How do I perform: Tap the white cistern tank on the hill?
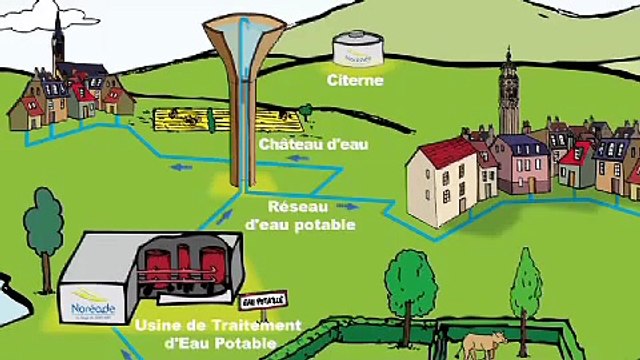click(x=357, y=46)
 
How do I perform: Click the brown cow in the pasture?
click(x=484, y=344)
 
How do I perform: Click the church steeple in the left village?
click(x=59, y=40)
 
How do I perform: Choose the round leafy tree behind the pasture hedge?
click(x=410, y=274)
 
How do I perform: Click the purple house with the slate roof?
click(x=520, y=164)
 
